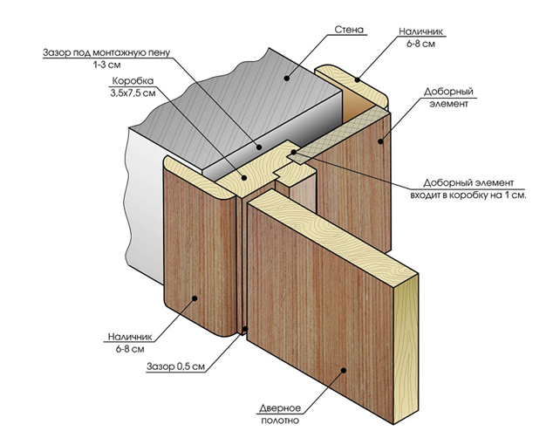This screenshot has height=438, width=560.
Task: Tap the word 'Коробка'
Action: pyautogui.click(x=127, y=82)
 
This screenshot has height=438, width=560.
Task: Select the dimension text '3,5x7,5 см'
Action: pyautogui.click(x=132, y=93)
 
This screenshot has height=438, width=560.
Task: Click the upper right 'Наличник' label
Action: pyautogui.click(x=421, y=31)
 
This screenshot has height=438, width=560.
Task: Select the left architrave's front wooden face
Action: pyautogui.click(x=196, y=262)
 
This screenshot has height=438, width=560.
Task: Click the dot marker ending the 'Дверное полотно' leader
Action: pyautogui.click(x=345, y=370)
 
